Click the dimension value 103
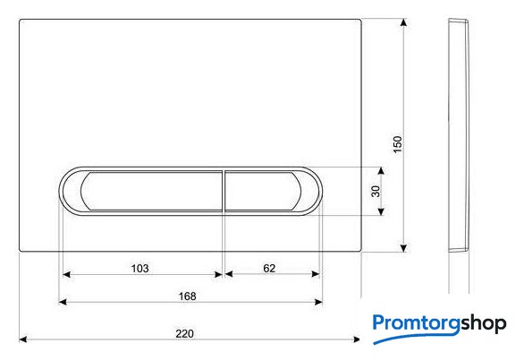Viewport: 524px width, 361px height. (139, 268)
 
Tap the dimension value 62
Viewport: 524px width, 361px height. (269, 268)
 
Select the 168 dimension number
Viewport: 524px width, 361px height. (187, 296)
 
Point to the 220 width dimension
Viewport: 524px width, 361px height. (184, 333)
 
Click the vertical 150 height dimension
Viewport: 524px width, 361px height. (398, 144)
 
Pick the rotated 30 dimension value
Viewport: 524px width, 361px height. (376, 191)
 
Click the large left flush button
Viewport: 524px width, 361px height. (152, 191)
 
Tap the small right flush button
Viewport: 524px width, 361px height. (263, 191)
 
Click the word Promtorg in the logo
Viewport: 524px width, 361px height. (417, 323)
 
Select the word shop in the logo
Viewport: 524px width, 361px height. (484, 324)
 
